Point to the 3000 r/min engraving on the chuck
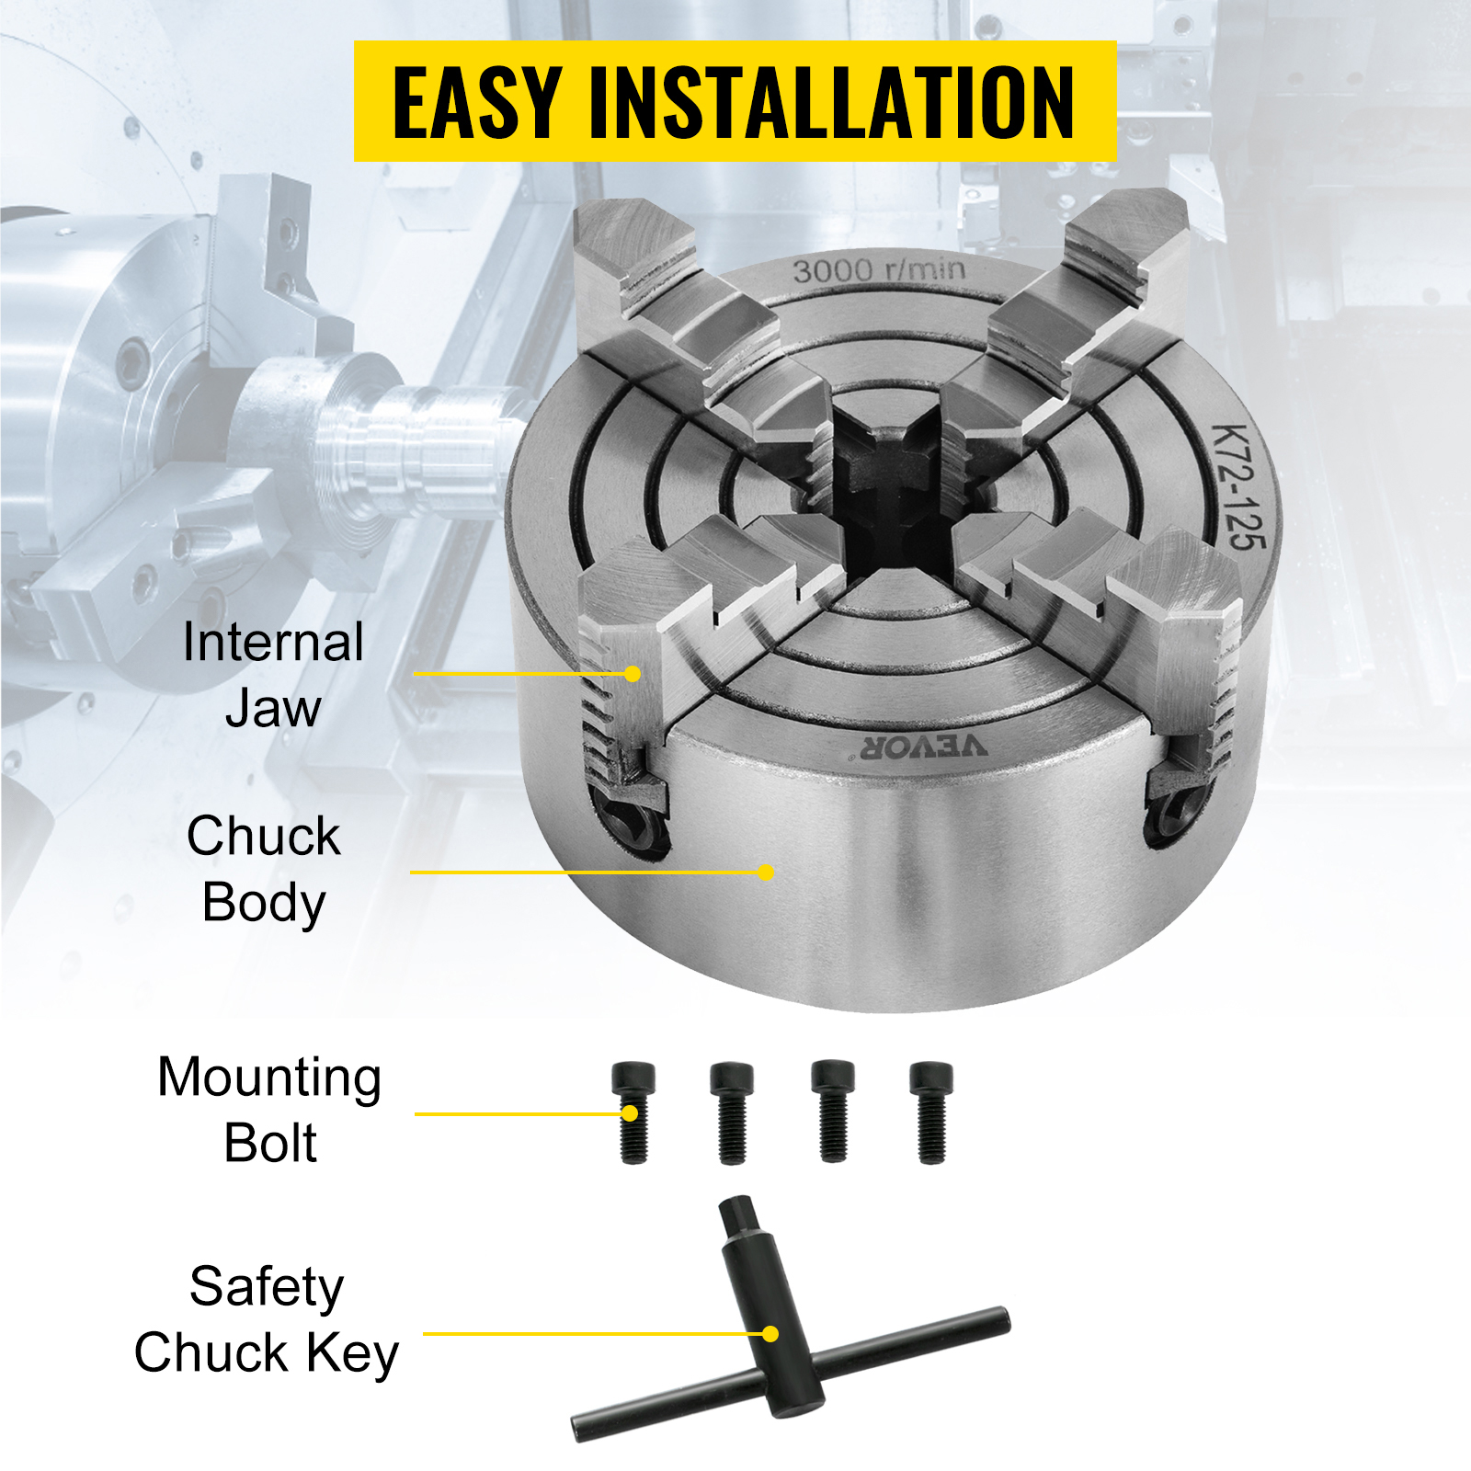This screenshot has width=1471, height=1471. [x=879, y=270]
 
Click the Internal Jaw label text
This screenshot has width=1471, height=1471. [x=273, y=675]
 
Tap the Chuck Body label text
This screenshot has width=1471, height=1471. [x=264, y=869]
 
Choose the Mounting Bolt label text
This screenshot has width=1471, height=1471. [x=269, y=1110]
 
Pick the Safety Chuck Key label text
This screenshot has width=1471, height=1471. [x=267, y=1319]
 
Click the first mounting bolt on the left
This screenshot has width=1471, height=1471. [x=633, y=1112]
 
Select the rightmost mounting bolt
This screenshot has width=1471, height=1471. [x=931, y=1112]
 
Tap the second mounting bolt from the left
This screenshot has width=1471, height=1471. [x=732, y=1112]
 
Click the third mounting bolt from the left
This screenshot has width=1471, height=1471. [x=833, y=1112]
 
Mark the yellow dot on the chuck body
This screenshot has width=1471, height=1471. [x=766, y=872]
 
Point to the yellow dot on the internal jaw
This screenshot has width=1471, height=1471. [x=633, y=674]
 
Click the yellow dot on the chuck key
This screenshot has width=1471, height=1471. [x=770, y=1333]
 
